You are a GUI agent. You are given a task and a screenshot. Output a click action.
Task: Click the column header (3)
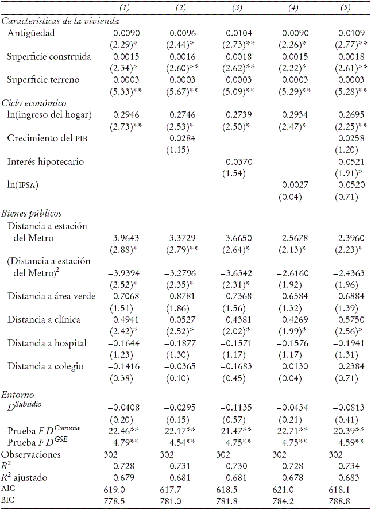(x=235, y=9)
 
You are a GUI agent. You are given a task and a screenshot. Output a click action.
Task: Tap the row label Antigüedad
(x=30, y=33)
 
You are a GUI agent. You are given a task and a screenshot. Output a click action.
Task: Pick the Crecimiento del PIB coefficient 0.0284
(x=180, y=138)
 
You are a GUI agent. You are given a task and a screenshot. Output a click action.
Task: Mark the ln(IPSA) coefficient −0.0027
(x=293, y=186)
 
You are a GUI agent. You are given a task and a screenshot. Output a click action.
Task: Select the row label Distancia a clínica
(x=44, y=319)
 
